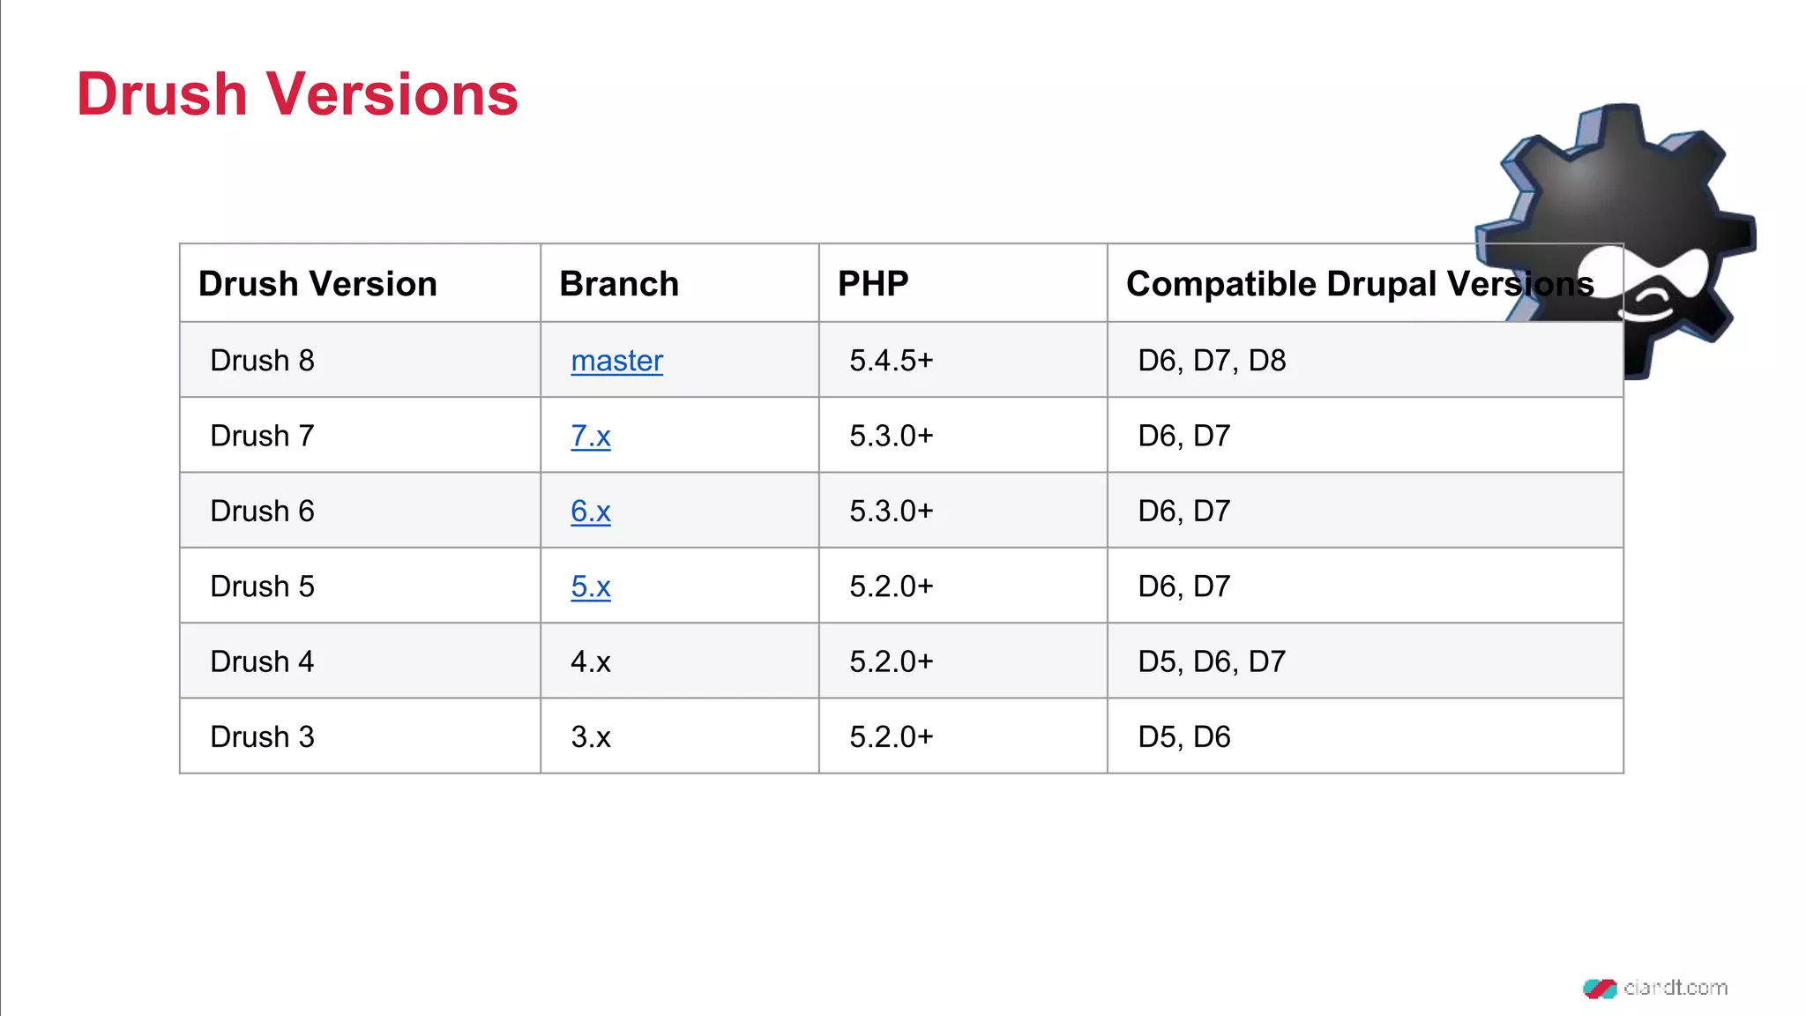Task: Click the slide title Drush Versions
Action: coord(297,94)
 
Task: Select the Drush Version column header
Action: coord(317,284)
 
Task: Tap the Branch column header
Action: coord(619,284)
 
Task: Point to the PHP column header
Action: coord(872,284)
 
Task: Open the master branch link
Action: coord(616,361)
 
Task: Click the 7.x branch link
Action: coord(590,436)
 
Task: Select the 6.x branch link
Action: coord(590,512)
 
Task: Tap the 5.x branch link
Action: coord(590,586)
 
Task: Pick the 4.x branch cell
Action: coord(590,661)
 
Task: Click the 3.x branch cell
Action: coord(590,737)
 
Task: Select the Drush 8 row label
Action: coord(262,361)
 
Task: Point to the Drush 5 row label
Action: coord(262,586)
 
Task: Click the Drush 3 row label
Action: coord(262,737)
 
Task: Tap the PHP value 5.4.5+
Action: coord(891,361)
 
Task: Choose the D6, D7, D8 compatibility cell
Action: coord(1212,361)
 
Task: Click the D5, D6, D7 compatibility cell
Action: coord(1212,661)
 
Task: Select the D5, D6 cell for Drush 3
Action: coord(1184,737)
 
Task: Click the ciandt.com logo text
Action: coord(1675,988)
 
